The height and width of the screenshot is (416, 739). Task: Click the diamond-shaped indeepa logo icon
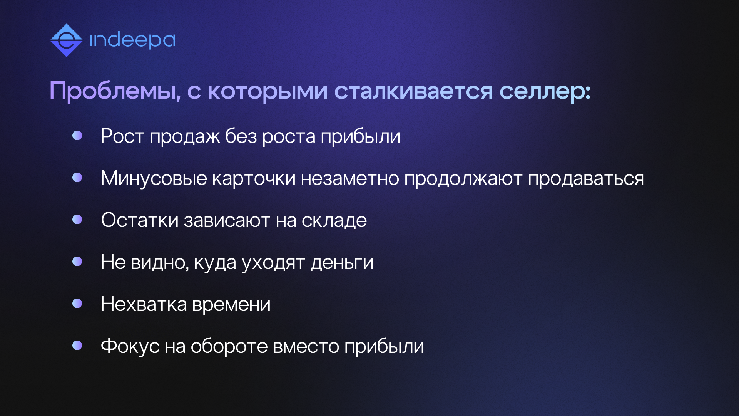(66, 40)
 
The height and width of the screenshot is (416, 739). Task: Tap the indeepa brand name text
(132, 40)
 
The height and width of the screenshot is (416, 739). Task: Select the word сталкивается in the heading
(413, 91)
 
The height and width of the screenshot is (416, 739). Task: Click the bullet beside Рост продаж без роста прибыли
(77, 136)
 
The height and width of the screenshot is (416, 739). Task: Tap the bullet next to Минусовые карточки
(77, 178)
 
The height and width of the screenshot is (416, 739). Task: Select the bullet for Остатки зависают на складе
(77, 220)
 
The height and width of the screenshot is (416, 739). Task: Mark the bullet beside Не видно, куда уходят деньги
(77, 262)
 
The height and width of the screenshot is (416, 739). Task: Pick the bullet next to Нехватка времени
(77, 304)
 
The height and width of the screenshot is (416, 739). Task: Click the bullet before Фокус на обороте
(77, 346)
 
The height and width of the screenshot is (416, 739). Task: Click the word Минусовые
(154, 179)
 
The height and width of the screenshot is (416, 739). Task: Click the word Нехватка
(144, 304)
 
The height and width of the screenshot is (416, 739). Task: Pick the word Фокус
(130, 346)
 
